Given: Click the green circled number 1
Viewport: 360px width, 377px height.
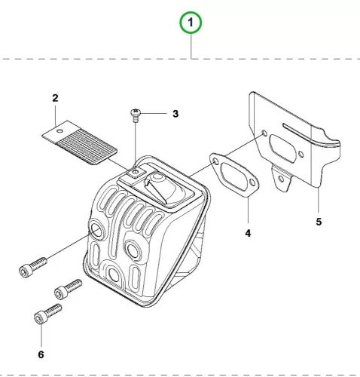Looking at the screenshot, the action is coord(191,23).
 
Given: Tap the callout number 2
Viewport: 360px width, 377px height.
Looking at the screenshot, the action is coord(55,98).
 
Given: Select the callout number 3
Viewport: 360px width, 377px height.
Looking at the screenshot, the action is coord(175,114).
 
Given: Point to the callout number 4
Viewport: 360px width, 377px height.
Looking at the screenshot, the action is coord(248,233).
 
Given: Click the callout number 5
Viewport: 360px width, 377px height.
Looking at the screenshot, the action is coord(319,222).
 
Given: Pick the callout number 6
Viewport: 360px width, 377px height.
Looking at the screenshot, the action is coord(41,354).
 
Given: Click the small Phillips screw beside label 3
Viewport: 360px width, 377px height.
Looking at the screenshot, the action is coord(136,115).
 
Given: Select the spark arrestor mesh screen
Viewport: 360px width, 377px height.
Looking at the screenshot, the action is coord(80,143).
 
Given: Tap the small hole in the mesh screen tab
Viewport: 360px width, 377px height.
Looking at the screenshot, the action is coord(59,130).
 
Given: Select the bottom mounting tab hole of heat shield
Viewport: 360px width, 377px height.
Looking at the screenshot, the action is coord(281,179).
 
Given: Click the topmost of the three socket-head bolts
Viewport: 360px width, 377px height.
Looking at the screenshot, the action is coord(33,267).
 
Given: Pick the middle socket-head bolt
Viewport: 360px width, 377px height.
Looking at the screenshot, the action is coord(68,290).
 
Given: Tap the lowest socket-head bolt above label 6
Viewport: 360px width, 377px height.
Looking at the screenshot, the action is coord(47,314).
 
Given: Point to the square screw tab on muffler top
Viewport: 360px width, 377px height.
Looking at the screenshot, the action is coord(136,173).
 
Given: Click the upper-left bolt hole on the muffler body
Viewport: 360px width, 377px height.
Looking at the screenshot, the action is coord(97,230).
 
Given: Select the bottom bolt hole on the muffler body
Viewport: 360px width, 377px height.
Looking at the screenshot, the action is coord(114,274).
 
